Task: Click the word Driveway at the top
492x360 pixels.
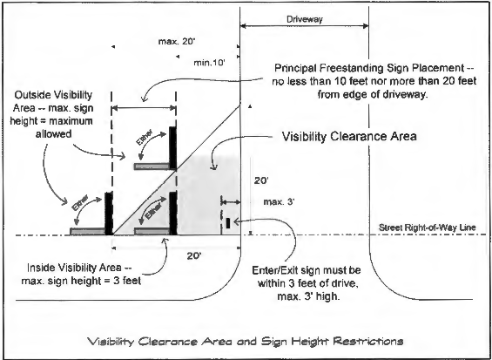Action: (305, 19)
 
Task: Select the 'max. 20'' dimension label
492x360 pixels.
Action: (177, 42)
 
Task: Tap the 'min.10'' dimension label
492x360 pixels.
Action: (209, 63)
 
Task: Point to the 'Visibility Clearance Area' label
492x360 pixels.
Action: (349, 136)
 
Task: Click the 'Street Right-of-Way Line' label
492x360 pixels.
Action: (427, 228)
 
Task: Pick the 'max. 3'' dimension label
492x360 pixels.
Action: (279, 202)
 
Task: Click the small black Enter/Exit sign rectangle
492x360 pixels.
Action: (228, 223)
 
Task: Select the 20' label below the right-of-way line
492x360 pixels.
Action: (194, 256)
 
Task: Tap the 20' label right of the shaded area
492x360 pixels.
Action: (261, 181)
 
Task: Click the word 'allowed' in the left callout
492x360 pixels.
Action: (54, 134)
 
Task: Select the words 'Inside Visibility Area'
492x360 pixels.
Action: (74, 268)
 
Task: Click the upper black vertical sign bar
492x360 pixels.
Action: (172, 147)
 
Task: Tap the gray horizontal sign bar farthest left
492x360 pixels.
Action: (88, 231)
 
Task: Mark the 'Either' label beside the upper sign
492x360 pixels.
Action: (145, 137)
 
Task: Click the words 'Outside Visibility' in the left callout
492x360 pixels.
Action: (53, 95)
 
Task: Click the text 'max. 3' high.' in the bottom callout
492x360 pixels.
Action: (308, 296)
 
